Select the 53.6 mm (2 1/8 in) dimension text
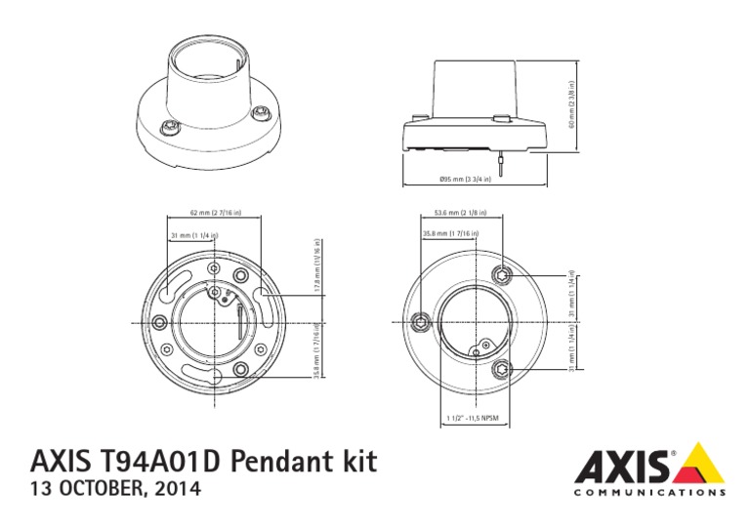pos(461,212)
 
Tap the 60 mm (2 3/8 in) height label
pos(571,103)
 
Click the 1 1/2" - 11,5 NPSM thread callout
pos(472,419)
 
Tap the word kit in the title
pos(357,462)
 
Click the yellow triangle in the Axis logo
pos(701,465)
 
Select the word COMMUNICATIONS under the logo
pos(647,493)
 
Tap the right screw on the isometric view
pos(261,114)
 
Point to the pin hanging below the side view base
pos(501,167)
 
